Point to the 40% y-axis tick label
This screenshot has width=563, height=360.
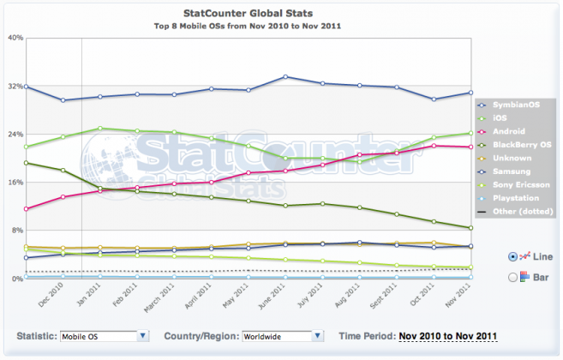[15, 38]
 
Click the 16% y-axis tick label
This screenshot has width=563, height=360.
[15, 183]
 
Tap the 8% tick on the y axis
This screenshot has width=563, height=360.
[17, 231]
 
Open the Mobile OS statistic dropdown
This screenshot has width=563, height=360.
[102, 337]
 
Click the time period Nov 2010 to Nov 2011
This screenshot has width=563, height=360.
[447, 337]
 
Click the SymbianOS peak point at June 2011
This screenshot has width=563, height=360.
[285, 77]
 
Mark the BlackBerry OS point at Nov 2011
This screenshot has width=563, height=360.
[470, 228]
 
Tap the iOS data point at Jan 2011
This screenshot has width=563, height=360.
[100, 129]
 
